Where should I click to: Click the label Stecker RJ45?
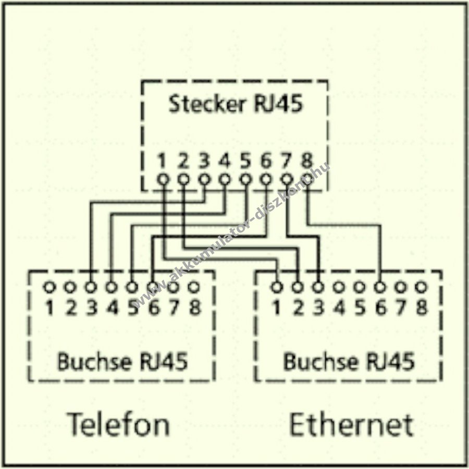(x=234, y=105)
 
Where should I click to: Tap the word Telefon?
(x=119, y=425)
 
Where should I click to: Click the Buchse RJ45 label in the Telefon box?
(x=122, y=361)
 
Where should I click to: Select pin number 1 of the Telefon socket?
(x=50, y=307)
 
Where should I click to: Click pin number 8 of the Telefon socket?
(x=194, y=307)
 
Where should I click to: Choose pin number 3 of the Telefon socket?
(x=91, y=307)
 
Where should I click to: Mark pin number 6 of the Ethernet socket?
(x=380, y=307)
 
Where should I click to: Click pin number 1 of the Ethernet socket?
(x=277, y=307)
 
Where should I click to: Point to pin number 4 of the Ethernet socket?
(x=339, y=307)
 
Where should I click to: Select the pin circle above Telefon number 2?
(x=70, y=286)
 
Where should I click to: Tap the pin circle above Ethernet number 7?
(x=401, y=286)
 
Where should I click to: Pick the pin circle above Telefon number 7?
(x=174, y=286)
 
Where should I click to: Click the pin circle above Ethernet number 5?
(x=360, y=286)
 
